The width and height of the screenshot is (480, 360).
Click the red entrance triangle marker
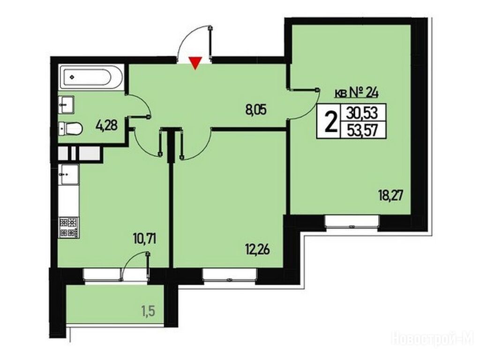(x=195, y=63)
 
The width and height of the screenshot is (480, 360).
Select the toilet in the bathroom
(x=70, y=128)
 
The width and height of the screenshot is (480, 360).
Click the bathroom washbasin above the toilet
(x=67, y=105)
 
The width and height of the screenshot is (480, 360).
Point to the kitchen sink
(x=69, y=174)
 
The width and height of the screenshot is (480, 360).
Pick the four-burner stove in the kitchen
(x=68, y=227)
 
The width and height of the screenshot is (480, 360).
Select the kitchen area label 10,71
(x=145, y=239)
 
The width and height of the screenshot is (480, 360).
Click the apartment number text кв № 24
(x=356, y=92)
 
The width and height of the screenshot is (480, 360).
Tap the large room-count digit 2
(x=330, y=121)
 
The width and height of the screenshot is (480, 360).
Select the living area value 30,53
(x=362, y=113)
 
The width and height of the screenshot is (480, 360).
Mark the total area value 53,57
(x=362, y=131)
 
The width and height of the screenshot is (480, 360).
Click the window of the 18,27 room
(x=352, y=221)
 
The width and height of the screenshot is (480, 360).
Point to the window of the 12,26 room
(x=230, y=274)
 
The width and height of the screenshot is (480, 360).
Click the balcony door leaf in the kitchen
(x=148, y=265)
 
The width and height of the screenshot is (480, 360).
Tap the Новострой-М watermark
(x=433, y=339)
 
